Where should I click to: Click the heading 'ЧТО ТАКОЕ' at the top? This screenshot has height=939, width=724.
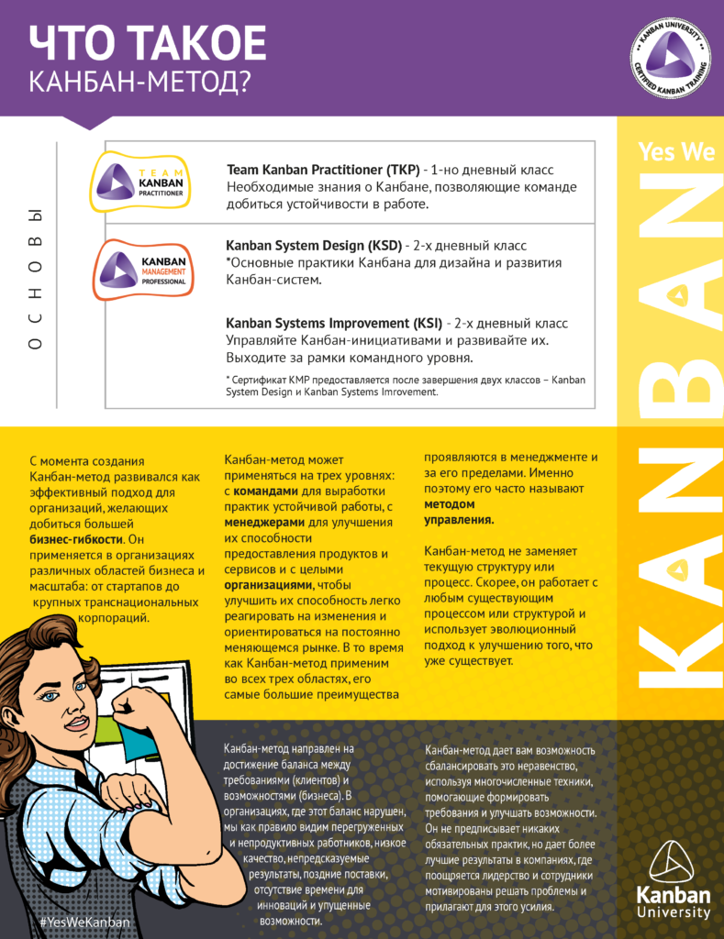click(148, 43)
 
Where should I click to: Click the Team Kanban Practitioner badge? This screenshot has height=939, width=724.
click(140, 182)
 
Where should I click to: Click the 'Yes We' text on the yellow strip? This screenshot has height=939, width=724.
click(675, 152)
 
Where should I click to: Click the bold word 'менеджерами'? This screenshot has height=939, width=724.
click(262, 523)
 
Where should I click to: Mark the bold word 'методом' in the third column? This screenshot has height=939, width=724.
click(449, 504)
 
